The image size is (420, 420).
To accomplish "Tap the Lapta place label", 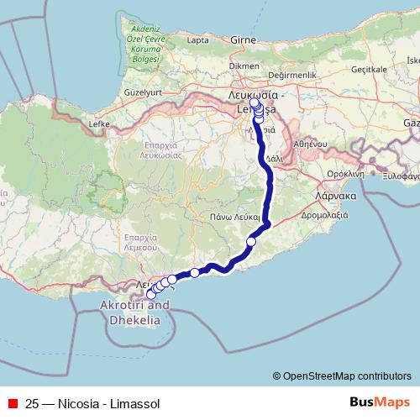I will [198, 39].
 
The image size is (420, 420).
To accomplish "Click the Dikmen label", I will [244, 65].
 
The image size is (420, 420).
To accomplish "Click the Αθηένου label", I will [309, 144].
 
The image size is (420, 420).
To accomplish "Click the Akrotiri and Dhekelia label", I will [134, 311].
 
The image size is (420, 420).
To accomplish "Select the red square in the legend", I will [13, 403].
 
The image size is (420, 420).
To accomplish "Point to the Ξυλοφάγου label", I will [400, 177].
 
